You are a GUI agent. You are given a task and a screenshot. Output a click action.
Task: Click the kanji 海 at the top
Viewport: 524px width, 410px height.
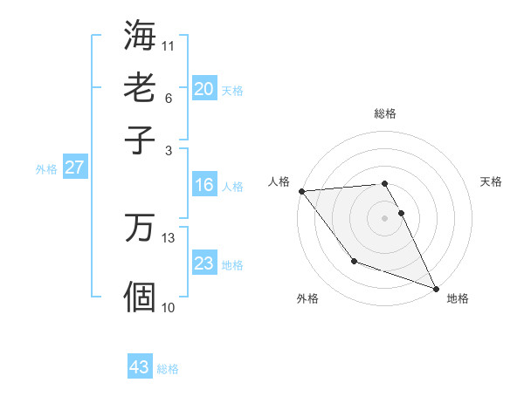(140, 36)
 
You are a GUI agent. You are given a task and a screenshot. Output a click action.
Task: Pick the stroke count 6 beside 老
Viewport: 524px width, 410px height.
(168, 98)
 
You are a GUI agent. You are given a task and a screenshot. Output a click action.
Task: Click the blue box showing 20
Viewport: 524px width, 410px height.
(204, 88)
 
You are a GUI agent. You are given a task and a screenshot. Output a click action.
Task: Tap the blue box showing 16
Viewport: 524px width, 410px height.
(204, 185)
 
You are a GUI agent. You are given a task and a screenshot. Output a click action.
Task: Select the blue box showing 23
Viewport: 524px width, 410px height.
(204, 263)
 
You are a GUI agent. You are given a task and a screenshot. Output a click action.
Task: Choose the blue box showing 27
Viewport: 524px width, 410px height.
(74, 167)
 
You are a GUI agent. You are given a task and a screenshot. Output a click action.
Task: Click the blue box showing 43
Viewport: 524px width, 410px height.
(140, 367)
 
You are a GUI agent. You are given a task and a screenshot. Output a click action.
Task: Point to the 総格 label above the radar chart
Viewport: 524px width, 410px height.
(385, 113)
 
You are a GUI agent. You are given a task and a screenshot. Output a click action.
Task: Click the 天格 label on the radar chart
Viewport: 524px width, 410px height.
(492, 181)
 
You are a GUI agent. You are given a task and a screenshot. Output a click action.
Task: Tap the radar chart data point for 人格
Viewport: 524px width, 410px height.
(301, 191)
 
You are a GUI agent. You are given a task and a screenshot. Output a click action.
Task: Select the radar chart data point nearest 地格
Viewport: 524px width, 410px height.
(436, 288)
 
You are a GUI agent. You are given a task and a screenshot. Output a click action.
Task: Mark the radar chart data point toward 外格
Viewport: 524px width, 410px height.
(354, 261)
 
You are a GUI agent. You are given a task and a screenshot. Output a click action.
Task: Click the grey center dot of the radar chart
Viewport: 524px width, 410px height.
(385, 218)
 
